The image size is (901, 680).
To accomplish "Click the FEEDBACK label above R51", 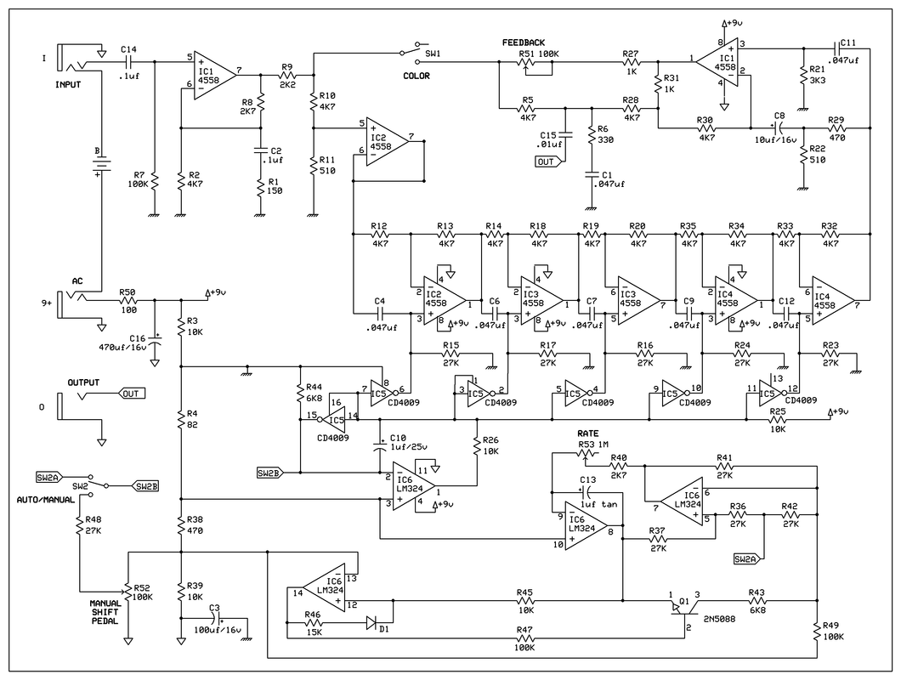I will [524, 42].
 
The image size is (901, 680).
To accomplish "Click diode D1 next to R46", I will [371, 623].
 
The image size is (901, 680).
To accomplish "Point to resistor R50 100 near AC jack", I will [128, 300].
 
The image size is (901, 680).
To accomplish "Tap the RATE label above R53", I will [588, 433].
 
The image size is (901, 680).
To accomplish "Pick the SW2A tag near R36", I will [748, 558].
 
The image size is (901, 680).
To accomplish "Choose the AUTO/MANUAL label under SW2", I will [48, 500].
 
